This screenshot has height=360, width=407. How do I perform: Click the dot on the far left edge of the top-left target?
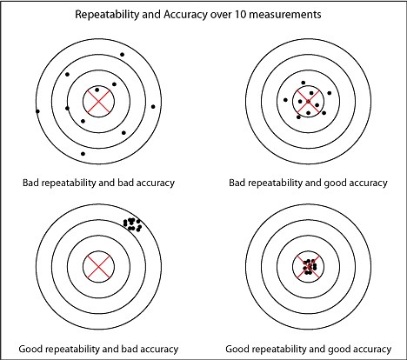click(x=37, y=110)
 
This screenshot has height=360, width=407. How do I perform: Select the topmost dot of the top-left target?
click(x=122, y=55)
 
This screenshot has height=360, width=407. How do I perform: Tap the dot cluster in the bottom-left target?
click(x=133, y=224)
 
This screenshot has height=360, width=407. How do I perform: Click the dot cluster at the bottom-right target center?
click(x=307, y=264)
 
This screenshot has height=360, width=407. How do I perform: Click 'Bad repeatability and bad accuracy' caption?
click(x=99, y=183)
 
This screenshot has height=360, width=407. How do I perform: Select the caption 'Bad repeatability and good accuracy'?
click(x=307, y=183)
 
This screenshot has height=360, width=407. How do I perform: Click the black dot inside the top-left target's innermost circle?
click(x=97, y=90)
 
